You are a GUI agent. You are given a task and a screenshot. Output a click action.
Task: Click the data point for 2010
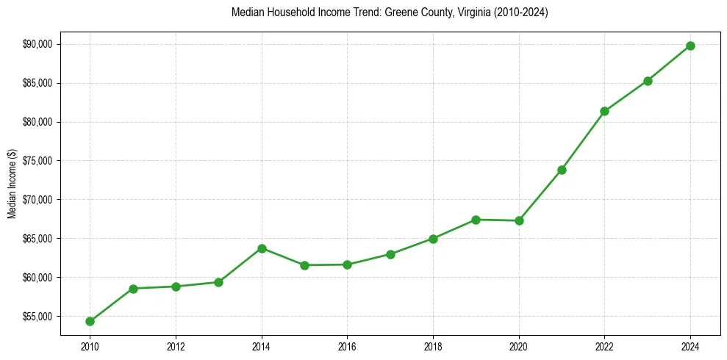(x=90, y=321)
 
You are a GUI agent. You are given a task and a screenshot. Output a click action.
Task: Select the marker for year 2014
(x=262, y=248)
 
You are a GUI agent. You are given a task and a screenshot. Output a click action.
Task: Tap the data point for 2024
(x=690, y=46)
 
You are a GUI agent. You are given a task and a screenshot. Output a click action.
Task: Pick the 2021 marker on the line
(x=562, y=170)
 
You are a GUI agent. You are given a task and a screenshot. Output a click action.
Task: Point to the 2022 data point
(x=604, y=111)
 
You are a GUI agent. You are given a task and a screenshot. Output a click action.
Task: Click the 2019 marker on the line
(x=476, y=220)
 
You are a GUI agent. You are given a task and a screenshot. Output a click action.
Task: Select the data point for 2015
(x=304, y=264)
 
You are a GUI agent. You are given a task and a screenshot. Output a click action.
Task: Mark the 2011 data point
(x=133, y=288)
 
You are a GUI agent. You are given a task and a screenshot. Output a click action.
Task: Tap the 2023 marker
(x=648, y=81)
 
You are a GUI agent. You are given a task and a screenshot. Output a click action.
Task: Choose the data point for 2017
(x=390, y=254)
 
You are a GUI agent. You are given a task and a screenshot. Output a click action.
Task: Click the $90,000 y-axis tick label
(x=38, y=44)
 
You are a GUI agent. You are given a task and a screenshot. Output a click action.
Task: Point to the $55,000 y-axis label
(x=38, y=317)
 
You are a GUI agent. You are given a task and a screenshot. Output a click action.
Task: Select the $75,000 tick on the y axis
(x=38, y=161)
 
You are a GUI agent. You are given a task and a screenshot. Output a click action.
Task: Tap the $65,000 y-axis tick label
(x=38, y=239)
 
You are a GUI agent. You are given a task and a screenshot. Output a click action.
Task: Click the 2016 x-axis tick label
(x=347, y=345)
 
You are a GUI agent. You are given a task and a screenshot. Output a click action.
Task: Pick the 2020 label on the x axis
(x=519, y=345)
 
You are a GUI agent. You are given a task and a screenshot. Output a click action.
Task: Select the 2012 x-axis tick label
(x=176, y=345)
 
